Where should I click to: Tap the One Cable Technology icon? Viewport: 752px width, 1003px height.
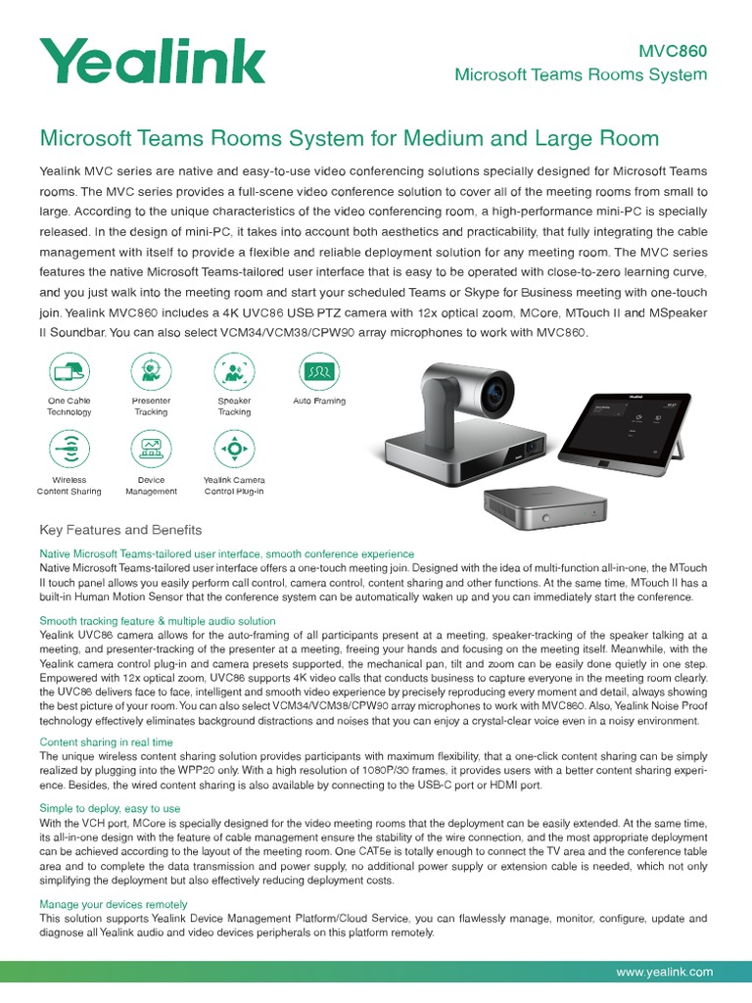(69, 371)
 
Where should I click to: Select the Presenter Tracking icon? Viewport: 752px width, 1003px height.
(151, 371)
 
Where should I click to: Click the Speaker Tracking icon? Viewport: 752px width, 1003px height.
(234, 371)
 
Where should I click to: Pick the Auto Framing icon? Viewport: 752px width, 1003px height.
(318, 371)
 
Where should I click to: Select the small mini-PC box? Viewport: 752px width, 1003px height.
(542, 504)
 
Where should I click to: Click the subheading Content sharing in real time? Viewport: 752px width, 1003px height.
(106, 742)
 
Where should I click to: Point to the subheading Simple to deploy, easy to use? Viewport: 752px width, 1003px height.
(110, 809)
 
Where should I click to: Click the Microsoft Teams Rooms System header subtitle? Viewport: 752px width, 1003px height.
(580, 76)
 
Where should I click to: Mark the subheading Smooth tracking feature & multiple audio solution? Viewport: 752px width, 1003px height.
(157, 621)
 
